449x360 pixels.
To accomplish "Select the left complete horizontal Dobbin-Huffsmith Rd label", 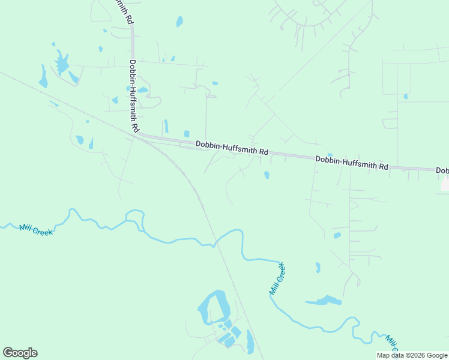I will (232, 148).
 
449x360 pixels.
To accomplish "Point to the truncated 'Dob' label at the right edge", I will (442, 171).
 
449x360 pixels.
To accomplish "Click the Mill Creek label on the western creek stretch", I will (36, 229).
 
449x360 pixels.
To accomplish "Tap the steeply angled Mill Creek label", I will (277, 278).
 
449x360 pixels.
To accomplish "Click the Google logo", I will (20, 353).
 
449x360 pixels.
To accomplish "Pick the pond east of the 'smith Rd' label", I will (179, 22).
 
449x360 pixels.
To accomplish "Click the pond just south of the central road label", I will (266, 175).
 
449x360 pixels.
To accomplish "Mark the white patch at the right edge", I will (445, 184).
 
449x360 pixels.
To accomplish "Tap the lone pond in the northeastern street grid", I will (406, 96).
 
